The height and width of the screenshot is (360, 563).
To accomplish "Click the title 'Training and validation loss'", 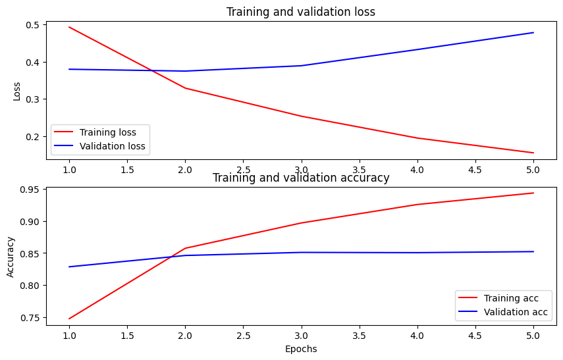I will coord(300,12).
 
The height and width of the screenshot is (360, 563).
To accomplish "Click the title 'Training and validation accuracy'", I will coord(300,178).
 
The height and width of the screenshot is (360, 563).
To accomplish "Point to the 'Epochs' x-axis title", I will coord(301,349).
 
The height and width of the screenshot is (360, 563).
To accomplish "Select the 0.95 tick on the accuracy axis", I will coord(36,190).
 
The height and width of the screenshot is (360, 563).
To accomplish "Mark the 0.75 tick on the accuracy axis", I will coord(36,318).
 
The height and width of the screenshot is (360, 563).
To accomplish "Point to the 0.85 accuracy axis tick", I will coord(36,253).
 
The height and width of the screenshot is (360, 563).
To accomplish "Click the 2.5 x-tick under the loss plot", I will coord(243,169).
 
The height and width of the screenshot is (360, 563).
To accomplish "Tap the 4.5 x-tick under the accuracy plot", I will coord(475,334).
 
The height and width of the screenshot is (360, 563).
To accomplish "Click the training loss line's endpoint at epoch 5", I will coord(533,153).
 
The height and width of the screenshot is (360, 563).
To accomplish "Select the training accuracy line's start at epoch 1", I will coord(69,319).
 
